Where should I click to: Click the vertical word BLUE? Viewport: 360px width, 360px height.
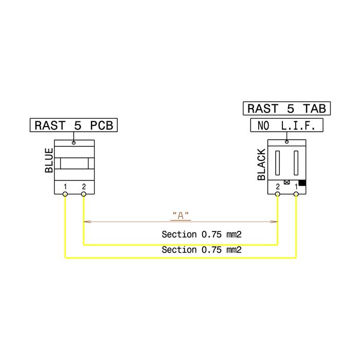click(49, 160)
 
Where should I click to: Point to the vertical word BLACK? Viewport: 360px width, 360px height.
click(261, 165)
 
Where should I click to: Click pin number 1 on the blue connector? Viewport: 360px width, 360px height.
click(65, 187)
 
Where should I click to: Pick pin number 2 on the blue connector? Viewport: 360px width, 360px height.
click(84, 187)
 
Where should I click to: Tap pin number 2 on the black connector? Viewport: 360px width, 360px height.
click(278, 187)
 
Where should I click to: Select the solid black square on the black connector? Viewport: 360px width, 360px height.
click(302, 183)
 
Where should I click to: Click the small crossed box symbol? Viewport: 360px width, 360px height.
click(287, 182)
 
